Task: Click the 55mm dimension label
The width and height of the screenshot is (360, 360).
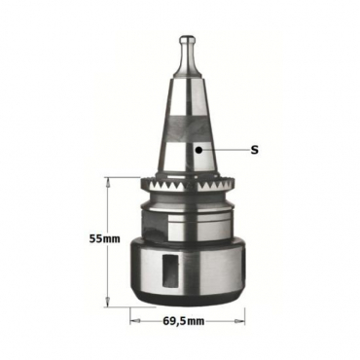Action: coord(105,239)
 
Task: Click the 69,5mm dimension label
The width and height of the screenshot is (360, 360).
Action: coord(184,321)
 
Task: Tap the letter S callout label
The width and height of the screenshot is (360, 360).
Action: coord(255,150)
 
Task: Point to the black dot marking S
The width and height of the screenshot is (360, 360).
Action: coord(199,150)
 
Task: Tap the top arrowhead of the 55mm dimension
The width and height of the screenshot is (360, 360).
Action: coord(108,181)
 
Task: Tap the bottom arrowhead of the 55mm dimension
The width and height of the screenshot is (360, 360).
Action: coord(107,303)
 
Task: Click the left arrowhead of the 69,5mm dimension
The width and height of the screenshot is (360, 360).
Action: coord(134,321)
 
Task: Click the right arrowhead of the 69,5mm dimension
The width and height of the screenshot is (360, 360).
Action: coord(240,321)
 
